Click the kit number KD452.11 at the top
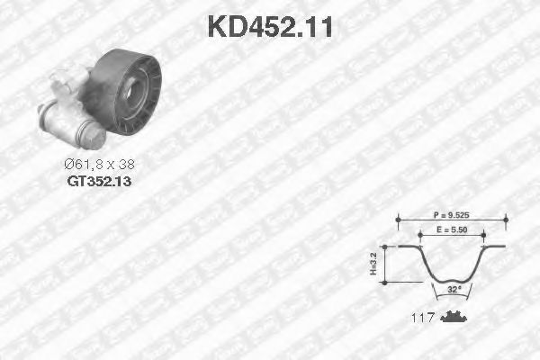pyautogui.click(x=270, y=26)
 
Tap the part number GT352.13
pyautogui.click(x=99, y=180)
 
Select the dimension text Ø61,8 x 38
pyautogui.click(x=99, y=165)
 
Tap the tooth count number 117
pyautogui.click(x=423, y=318)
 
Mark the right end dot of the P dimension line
pyautogui.click(x=506, y=217)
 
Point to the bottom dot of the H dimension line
pyautogui.click(x=384, y=282)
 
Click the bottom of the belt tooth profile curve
pyautogui.click(x=453, y=280)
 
